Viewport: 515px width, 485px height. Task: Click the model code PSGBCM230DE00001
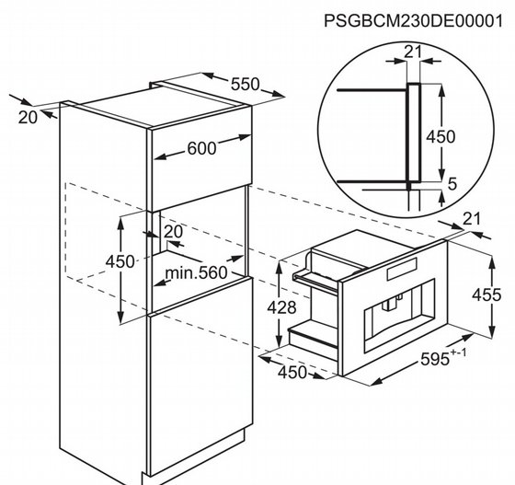(x=413, y=21)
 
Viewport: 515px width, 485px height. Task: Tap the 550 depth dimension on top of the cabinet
(x=245, y=84)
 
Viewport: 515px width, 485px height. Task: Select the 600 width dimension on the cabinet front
(x=201, y=148)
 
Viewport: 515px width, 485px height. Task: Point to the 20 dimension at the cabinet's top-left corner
(x=28, y=117)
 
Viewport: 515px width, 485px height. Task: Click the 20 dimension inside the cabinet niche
(x=173, y=232)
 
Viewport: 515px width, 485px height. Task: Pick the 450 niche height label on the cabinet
(x=120, y=262)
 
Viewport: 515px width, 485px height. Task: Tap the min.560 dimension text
(x=196, y=273)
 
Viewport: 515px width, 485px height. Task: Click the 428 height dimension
(x=281, y=308)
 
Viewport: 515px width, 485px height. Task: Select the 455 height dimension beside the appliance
(x=486, y=294)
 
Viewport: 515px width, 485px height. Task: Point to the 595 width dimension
(x=435, y=359)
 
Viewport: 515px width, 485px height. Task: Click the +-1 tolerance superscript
(x=458, y=352)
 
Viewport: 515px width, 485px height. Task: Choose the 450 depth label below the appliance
(x=292, y=373)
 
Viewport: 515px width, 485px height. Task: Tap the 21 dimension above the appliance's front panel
(x=471, y=219)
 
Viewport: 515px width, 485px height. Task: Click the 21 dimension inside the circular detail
(x=413, y=52)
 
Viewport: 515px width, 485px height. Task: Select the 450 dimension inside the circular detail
(x=441, y=137)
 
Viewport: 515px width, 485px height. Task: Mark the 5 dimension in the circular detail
(x=452, y=184)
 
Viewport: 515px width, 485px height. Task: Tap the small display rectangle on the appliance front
(x=402, y=269)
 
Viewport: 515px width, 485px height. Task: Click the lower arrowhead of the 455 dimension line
(x=492, y=331)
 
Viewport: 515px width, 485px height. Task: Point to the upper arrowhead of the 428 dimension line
(x=279, y=269)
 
